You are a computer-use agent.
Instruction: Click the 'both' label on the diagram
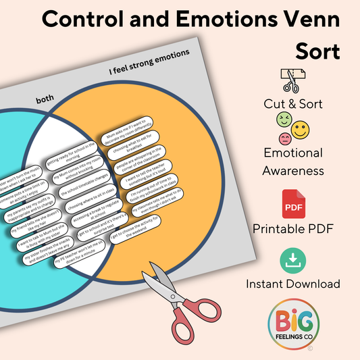(46, 99)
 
